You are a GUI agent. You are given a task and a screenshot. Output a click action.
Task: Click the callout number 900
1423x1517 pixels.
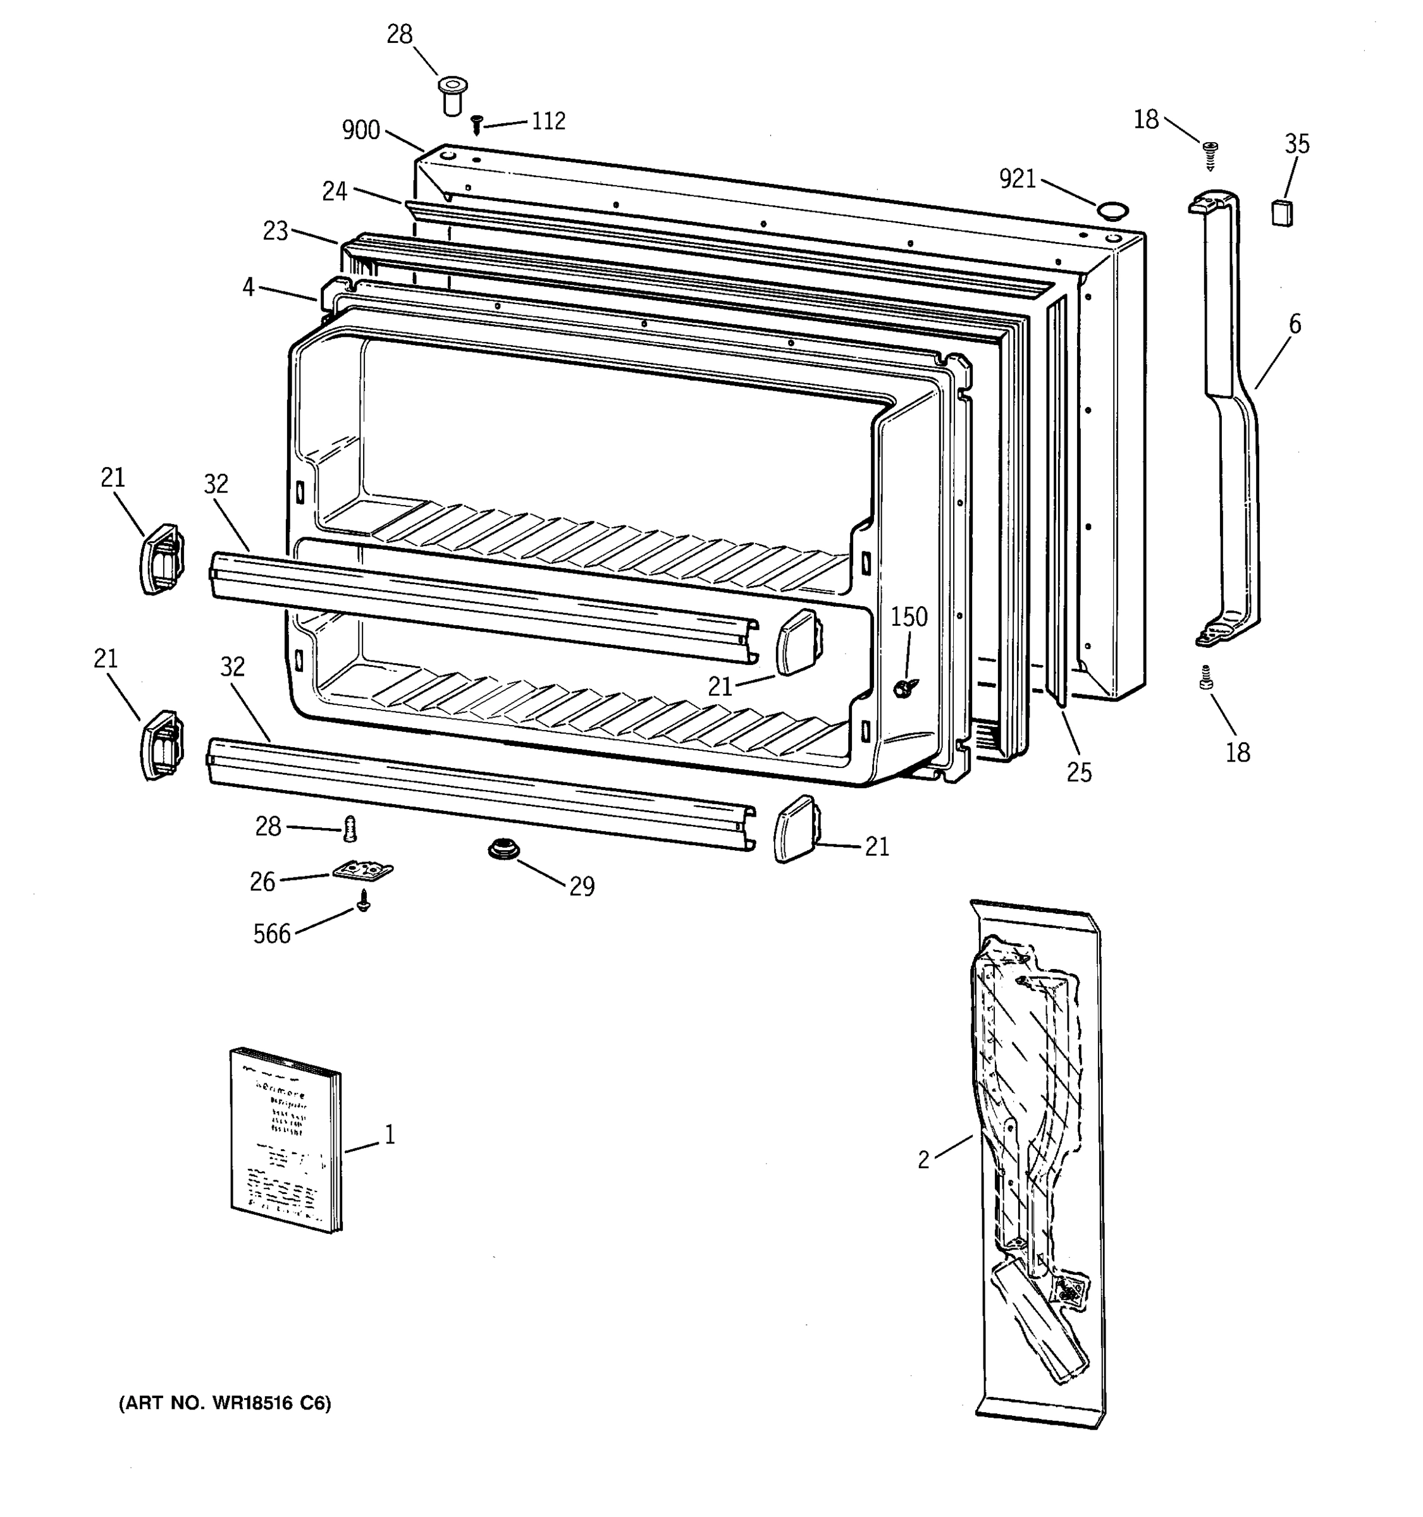360,130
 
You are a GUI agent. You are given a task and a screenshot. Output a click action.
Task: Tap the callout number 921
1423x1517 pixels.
1018,180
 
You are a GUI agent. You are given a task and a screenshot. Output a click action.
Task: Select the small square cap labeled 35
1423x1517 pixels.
1282,212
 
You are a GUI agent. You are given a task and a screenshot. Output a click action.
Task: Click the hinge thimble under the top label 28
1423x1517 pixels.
452,95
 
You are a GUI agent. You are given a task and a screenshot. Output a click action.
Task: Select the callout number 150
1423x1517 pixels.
908,616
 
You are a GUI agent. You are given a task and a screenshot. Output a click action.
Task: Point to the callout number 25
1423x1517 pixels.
1079,772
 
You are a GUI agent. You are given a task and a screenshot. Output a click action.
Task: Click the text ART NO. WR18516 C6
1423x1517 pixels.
225,1403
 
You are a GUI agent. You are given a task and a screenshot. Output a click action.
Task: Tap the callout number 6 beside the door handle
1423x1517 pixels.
1295,324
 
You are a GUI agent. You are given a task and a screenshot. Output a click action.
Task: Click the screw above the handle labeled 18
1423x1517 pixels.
1210,155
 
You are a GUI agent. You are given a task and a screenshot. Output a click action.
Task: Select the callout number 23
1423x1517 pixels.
275,231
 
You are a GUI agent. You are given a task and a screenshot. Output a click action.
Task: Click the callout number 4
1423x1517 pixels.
248,288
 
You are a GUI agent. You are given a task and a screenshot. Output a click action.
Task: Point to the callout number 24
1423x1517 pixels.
335,191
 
